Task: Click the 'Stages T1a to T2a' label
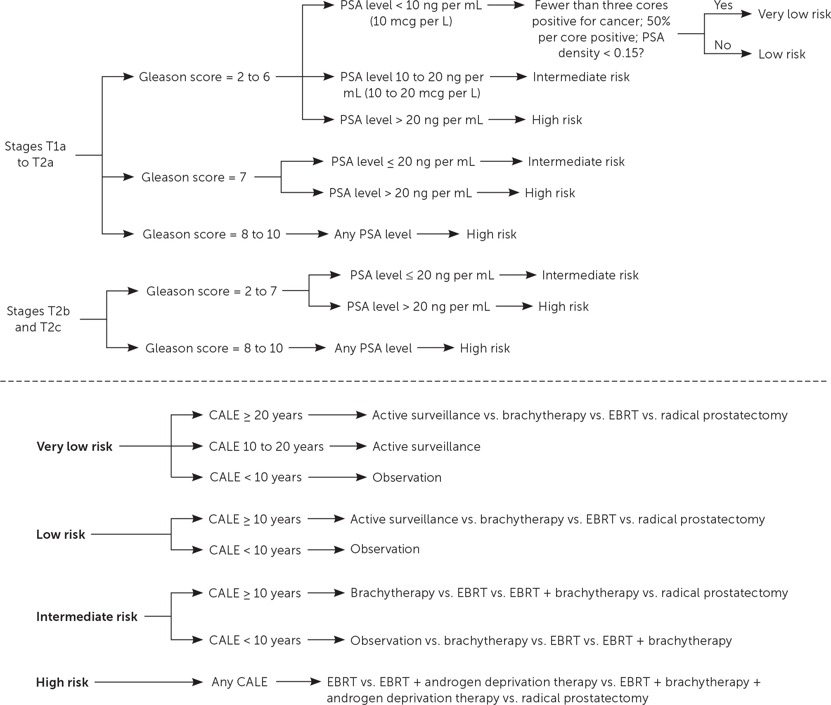coord(36,154)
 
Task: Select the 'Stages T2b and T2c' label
coord(38,319)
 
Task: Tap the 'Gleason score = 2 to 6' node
coord(204,77)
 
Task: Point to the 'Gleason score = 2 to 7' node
coord(211,291)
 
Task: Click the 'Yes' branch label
coord(723,5)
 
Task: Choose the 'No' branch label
coord(722,45)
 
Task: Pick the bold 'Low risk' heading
coord(61,534)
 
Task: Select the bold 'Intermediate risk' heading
coord(87,617)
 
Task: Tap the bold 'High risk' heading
coord(62,682)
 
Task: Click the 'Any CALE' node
coord(239,682)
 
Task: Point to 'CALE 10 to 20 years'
coord(266,446)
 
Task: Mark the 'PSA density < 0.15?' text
coord(601,53)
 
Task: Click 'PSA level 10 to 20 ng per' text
coord(412,77)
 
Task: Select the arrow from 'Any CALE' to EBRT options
coord(298,682)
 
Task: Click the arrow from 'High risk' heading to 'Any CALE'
coord(149,682)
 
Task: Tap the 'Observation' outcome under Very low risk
coord(407,477)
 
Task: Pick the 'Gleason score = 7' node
coord(194,177)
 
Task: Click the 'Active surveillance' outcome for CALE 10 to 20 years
coord(426,446)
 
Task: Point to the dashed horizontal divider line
coord(413,381)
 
